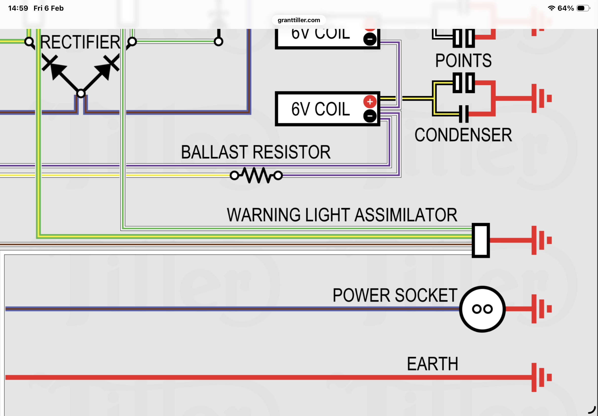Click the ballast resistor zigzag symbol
point(256,175)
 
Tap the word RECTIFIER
point(80,42)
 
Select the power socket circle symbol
point(482,309)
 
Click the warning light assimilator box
point(481,240)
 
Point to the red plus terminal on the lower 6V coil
point(370,102)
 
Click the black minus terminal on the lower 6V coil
point(370,116)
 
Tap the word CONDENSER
point(463,135)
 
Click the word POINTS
point(463,60)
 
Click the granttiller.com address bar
point(298,20)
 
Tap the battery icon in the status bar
point(583,8)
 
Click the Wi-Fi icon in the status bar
point(551,8)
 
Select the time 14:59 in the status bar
point(18,8)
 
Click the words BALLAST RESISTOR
point(256,152)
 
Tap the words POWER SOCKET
point(395,295)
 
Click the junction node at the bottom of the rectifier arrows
point(81,93)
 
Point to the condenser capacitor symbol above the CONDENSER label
point(464,114)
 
